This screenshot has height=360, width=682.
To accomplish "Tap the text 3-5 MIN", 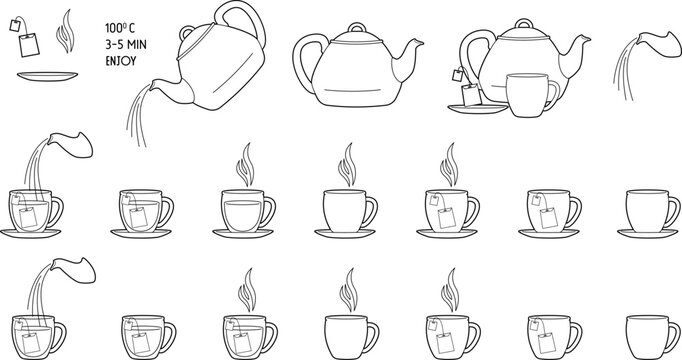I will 125,43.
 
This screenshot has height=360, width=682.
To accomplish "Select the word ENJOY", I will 121,59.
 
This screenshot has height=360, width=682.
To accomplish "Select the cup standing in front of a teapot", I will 530,95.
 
